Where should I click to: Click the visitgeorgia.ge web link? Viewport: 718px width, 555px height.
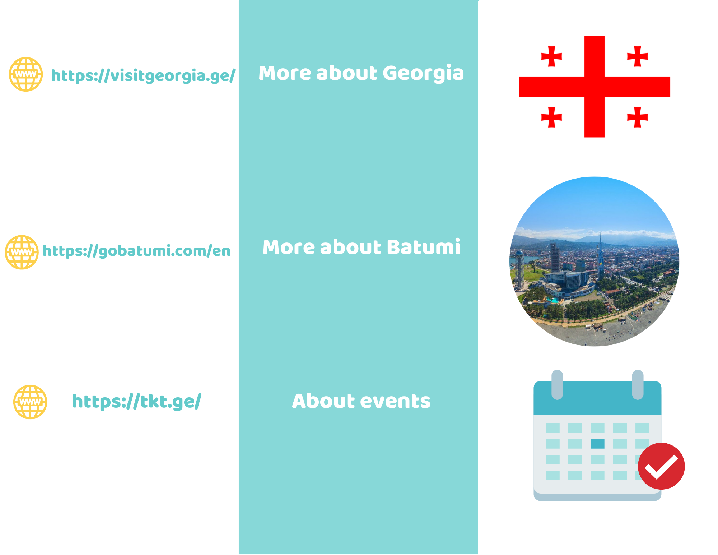[143, 76]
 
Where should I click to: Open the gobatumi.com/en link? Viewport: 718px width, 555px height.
[136, 251]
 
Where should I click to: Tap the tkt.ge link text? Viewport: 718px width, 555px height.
[136, 402]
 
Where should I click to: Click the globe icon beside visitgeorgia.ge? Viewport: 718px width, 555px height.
[26, 74]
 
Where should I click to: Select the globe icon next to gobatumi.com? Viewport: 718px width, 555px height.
[22, 252]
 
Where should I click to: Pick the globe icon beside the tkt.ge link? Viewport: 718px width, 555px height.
[30, 402]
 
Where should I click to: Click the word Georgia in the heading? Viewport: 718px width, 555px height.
[423, 74]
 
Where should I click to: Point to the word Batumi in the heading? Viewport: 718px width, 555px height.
[424, 247]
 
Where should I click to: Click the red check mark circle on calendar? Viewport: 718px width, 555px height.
[661, 466]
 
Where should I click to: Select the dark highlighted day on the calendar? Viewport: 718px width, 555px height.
[597, 444]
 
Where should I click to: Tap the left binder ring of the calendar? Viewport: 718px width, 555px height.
[557, 384]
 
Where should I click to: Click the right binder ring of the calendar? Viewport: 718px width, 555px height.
[638, 384]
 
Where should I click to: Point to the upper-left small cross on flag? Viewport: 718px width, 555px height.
[551, 56]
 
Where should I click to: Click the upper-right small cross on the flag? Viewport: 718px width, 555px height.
[638, 56]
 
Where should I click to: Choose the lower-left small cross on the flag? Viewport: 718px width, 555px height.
[551, 117]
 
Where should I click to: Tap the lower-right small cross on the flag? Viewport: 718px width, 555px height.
[638, 117]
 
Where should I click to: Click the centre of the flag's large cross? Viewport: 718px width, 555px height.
[595, 87]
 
